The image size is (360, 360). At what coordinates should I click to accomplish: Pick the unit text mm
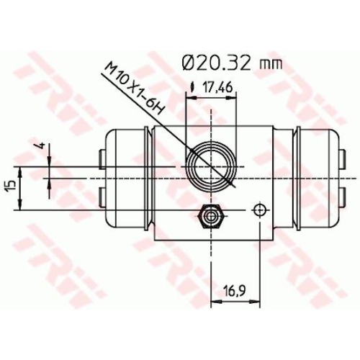click(269, 63)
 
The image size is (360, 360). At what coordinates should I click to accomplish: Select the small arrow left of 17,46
click(192, 89)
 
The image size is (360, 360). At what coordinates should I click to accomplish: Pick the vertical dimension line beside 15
click(22, 189)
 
